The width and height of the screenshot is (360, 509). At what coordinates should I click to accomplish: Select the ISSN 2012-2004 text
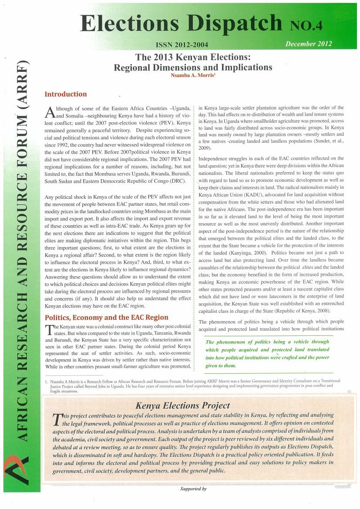(x=182, y=45)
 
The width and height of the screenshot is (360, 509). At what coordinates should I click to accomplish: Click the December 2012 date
(x=309, y=44)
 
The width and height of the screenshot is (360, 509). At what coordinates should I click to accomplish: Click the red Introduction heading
(x=66, y=94)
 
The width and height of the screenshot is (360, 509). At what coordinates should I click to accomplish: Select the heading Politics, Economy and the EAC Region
(x=106, y=317)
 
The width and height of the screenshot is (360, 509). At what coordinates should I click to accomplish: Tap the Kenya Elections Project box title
(x=183, y=405)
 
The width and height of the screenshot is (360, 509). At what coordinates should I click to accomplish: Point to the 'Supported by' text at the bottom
(x=193, y=489)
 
